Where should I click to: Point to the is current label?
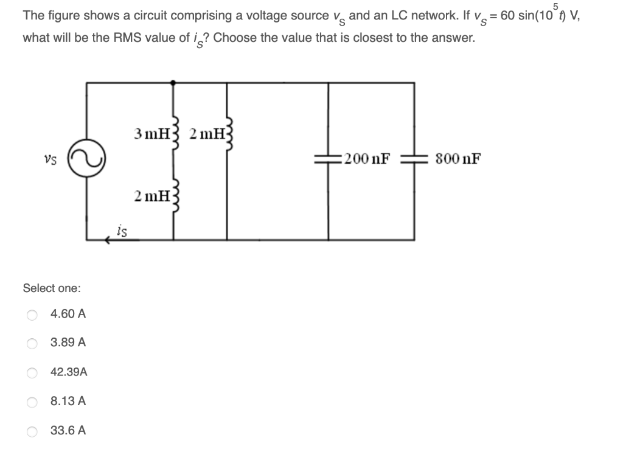coord(122,230)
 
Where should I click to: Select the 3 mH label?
coord(151,133)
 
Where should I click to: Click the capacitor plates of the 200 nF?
coord(329,159)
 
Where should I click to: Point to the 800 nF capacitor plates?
coord(414,159)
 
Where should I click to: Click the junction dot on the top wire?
coord(174,82)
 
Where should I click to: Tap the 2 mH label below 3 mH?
coord(151,195)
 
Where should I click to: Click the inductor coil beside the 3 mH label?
coord(175,132)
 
